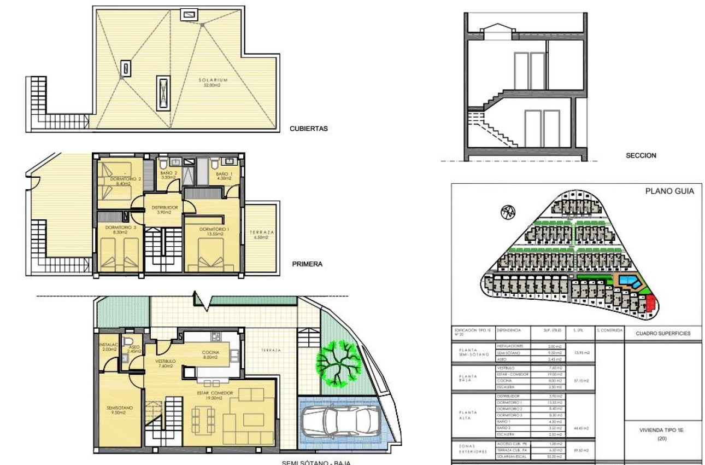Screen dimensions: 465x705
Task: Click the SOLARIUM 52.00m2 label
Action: [213, 83]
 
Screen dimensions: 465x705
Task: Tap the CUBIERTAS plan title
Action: [308, 129]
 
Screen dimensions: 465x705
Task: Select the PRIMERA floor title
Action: [308, 264]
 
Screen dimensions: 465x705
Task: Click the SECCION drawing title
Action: [641, 155]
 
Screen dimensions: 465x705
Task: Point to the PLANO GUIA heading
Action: [669, 191]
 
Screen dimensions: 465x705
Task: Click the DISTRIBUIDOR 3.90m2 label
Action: [164, 210]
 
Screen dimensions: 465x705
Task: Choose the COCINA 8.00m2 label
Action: [210, 354]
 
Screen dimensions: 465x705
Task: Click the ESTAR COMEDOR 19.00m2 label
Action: [214, 396]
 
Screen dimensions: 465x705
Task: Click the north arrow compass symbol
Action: [508, 212]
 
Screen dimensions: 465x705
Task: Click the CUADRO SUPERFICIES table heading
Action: [663, 333]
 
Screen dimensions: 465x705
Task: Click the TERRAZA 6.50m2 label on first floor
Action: [262, 235]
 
